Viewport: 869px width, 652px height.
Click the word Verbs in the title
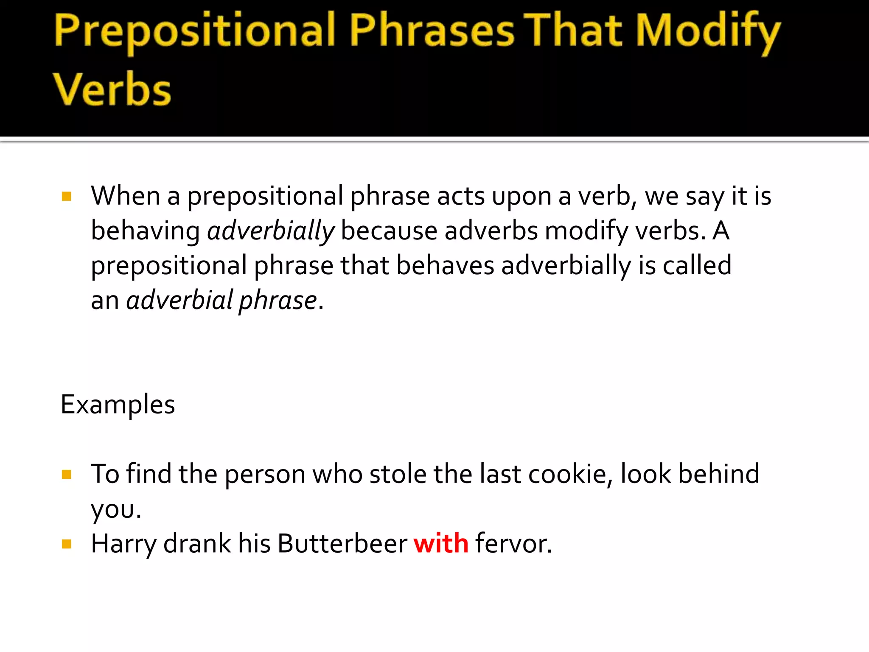click(112, 89)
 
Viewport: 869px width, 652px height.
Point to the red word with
click(441, 543)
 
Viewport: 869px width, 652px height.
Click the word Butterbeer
click(342, 543)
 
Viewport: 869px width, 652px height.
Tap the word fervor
click(513, 543)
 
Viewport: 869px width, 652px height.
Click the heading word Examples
click(118, 405)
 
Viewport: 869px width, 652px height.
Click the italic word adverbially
click(271, 232)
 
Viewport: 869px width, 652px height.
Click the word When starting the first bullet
click(126, 196)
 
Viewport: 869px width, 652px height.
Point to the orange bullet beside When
click(67, 196)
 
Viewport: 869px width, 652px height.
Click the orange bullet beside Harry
click(67, 544)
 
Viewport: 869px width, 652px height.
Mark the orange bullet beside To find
click(67, 474)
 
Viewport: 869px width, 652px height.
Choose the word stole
click(398, 474)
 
